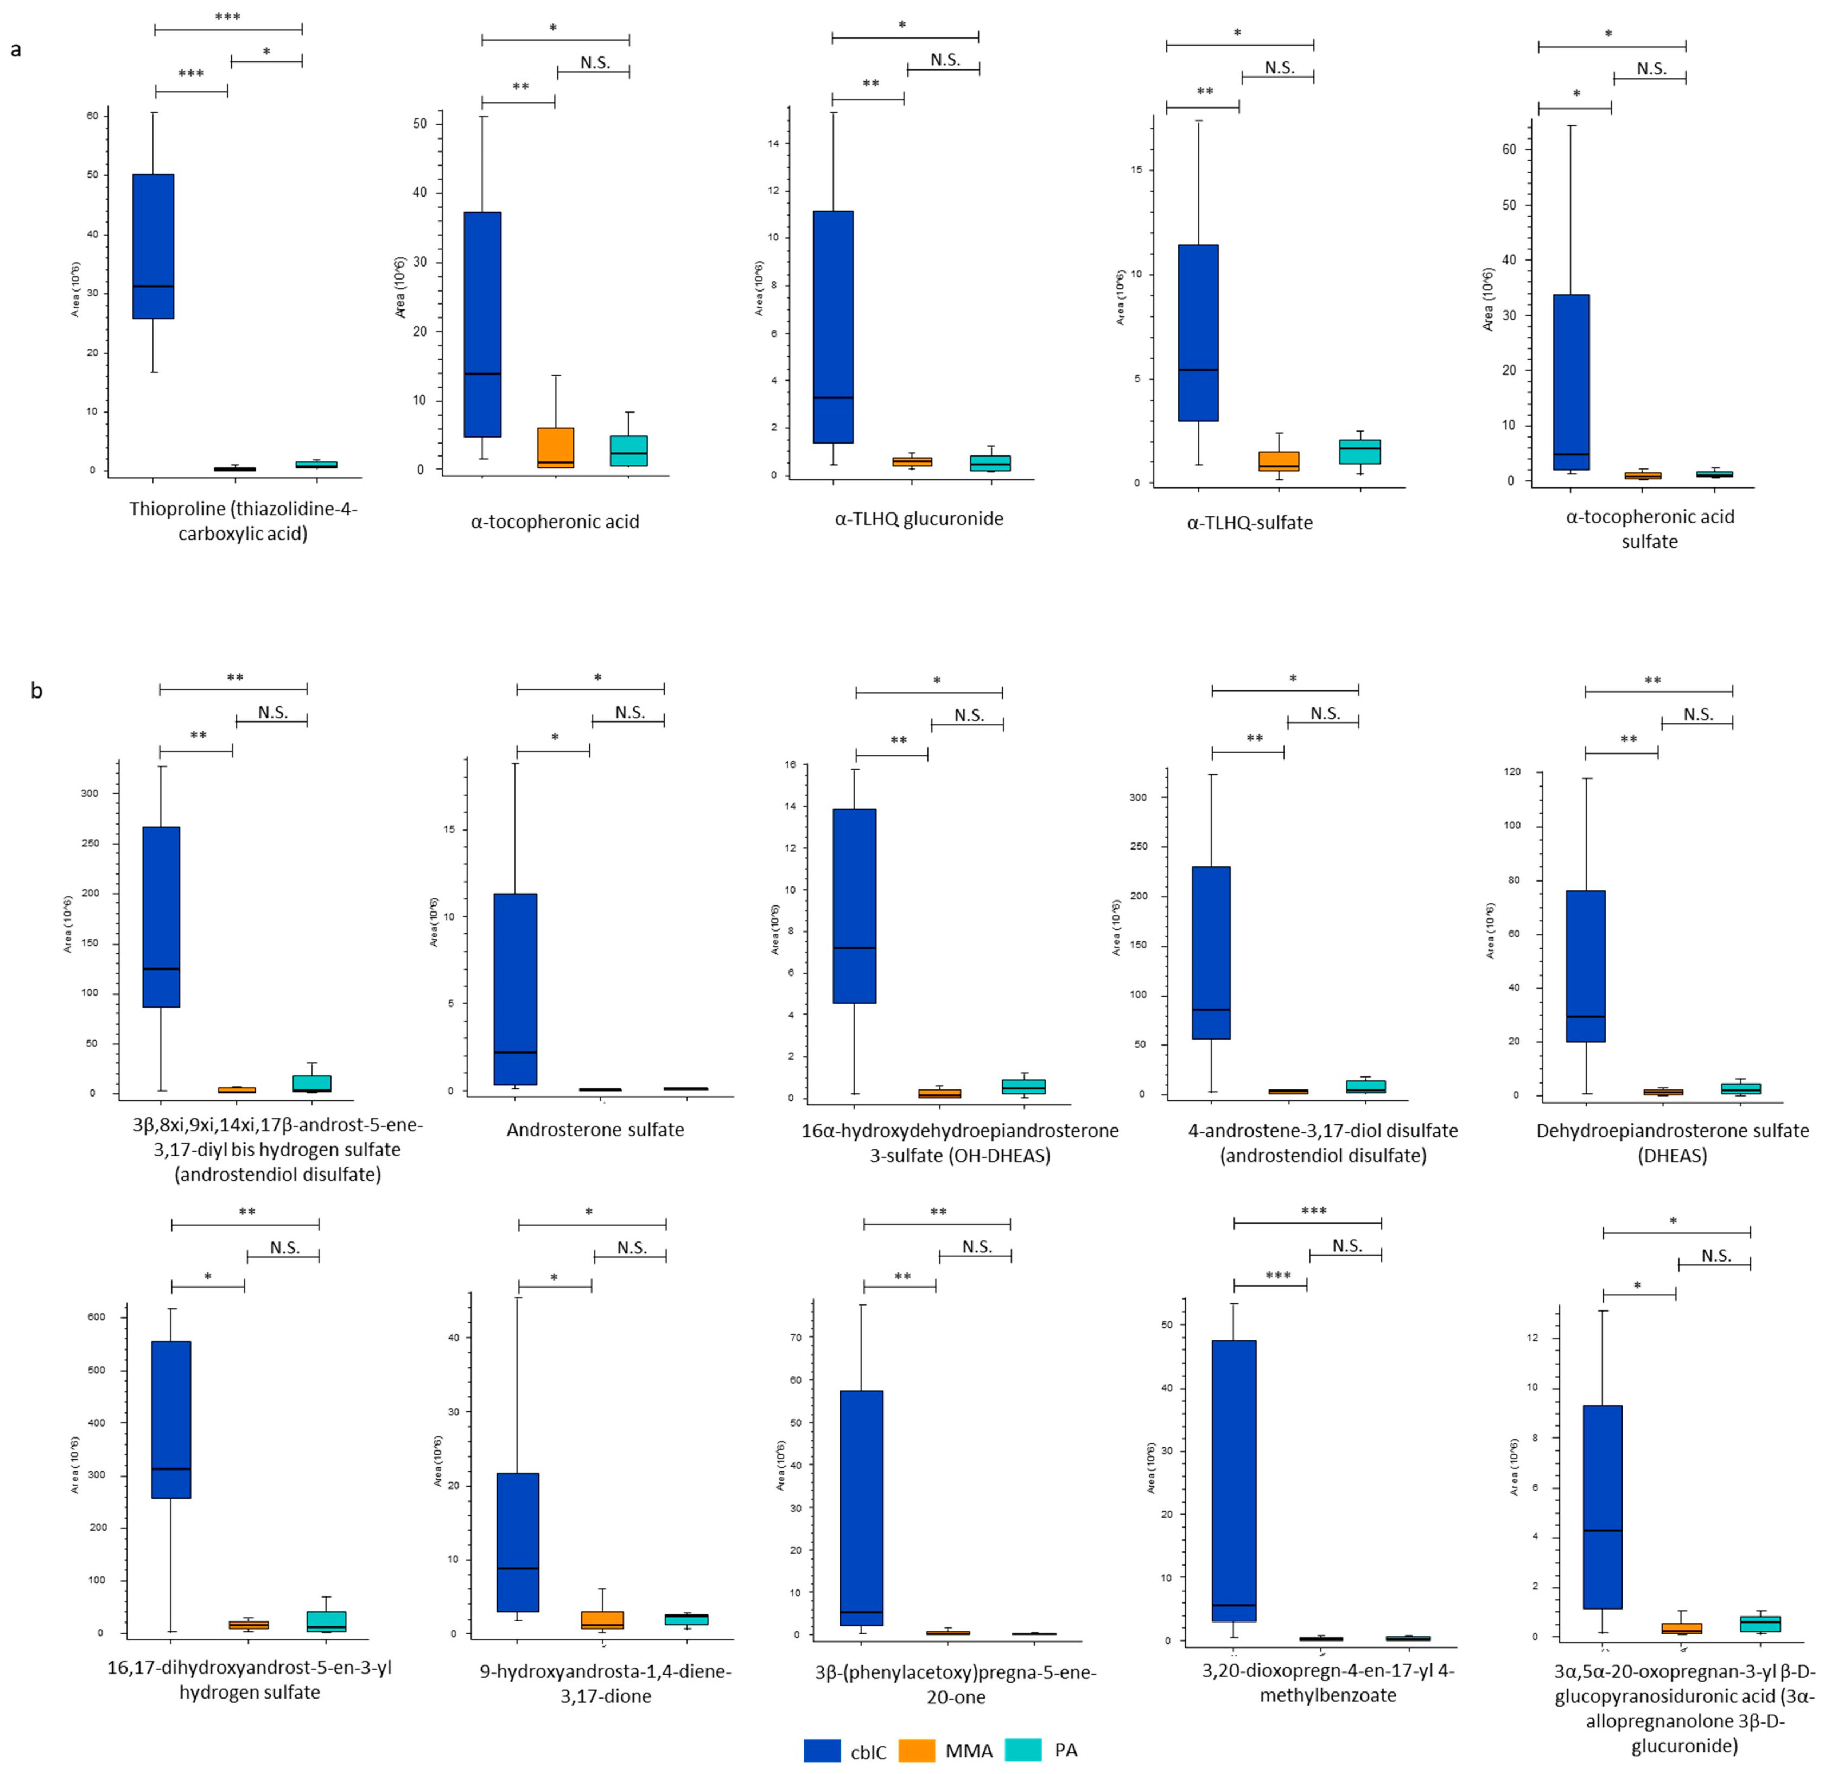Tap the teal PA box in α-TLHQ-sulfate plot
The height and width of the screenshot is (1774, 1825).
pyautogui.click(x=1359, y=452)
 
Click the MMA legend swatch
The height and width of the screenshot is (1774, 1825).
pyautogui.click(x=916, y=1750)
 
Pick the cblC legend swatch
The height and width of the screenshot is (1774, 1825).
pyautogui.click(x=822, y=1750)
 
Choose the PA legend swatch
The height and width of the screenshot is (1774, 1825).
pyautogui.click(x=1023, y=1750)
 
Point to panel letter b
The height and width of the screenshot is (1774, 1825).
pyautogui.click(x=36, y=690)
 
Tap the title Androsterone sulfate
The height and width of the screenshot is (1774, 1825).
pyautogui.click(x=595, y=1129)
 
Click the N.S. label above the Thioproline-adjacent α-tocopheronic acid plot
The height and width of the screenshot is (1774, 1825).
pyautogui.click(x=594, y=62)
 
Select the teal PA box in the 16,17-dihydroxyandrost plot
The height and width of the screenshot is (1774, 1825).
pyautogui.click(x=325, y=1621)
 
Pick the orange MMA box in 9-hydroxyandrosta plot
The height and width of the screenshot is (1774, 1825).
pyautogui.click(x=602, y=1619)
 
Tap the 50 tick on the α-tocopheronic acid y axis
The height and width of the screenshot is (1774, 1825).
pyautogui.click(x=420, y=123)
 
